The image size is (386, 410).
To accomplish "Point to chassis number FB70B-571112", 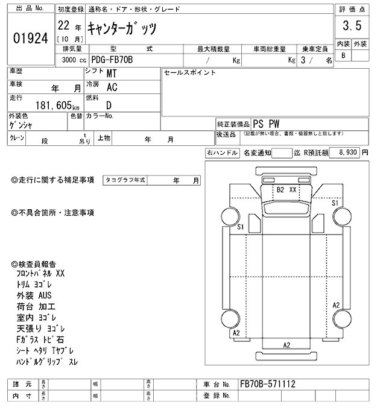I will (267, 383).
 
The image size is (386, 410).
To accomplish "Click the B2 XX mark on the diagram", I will (286, 190).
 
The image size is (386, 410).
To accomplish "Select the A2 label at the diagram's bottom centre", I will (287, 345).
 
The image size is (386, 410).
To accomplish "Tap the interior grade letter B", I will (344, 55).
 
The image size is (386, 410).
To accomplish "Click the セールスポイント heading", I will (189, 72).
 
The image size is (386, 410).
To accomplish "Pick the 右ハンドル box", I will (222, 154).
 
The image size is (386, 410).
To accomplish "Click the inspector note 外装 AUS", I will (34, 295).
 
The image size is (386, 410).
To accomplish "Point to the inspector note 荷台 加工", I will (34, 307).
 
